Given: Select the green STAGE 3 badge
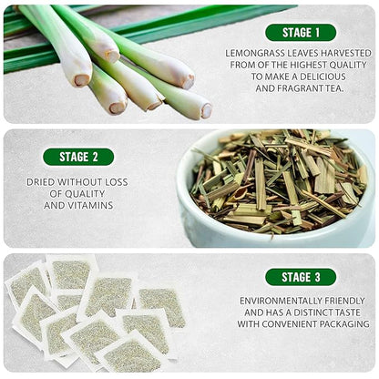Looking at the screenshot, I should point(301,277).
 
